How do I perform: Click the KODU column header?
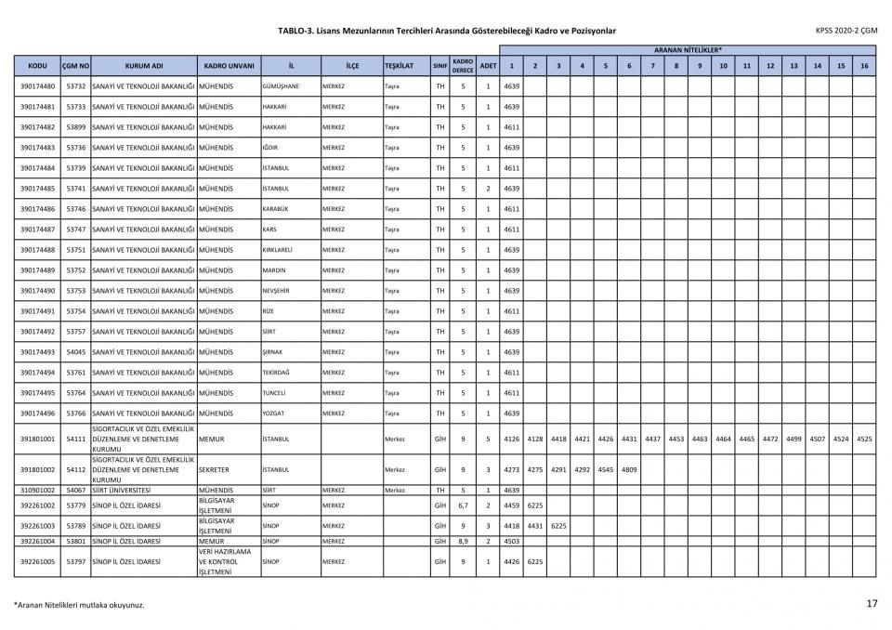(38, 67)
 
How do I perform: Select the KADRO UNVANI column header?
(228, 67)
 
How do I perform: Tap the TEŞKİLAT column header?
(404, 67)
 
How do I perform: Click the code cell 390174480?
(38, 86)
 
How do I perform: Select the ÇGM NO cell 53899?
(76, 127)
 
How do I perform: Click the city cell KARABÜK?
(275, 209)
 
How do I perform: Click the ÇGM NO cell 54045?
(76, 352)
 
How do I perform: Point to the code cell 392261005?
(38, 562)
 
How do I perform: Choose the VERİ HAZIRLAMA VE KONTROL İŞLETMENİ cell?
(227, 562)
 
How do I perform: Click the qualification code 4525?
(864, 439)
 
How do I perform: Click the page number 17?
(871, 604)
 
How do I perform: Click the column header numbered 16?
(864, 67)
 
